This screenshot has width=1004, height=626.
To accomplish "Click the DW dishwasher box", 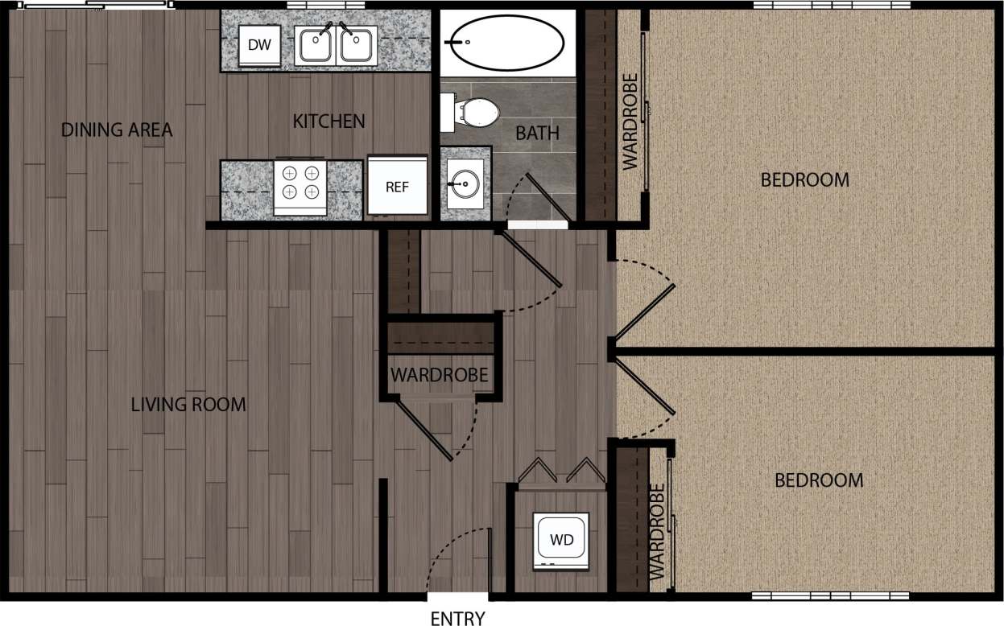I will point(259,47).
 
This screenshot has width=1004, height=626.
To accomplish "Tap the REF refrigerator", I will point(397,186).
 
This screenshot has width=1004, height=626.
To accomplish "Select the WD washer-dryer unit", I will point(562,541).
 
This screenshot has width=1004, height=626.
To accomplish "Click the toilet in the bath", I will point(472,113).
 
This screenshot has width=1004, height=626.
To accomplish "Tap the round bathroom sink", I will point(465,184).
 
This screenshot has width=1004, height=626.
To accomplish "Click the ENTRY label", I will point(457,618).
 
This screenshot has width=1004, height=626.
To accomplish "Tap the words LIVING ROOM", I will point(188,405).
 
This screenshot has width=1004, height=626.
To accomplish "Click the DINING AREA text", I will point(117,130).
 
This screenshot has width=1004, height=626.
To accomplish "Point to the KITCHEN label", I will point(328,121).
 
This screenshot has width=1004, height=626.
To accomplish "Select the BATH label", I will point(537,133).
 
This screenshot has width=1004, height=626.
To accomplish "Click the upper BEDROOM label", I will point(804,179).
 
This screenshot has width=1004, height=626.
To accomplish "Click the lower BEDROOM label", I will point(819,480).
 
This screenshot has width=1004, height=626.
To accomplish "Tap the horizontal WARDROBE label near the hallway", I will point(439,375).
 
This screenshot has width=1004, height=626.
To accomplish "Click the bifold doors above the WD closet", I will point(561,472).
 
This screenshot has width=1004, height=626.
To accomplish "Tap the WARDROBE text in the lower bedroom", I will point(657,532).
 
